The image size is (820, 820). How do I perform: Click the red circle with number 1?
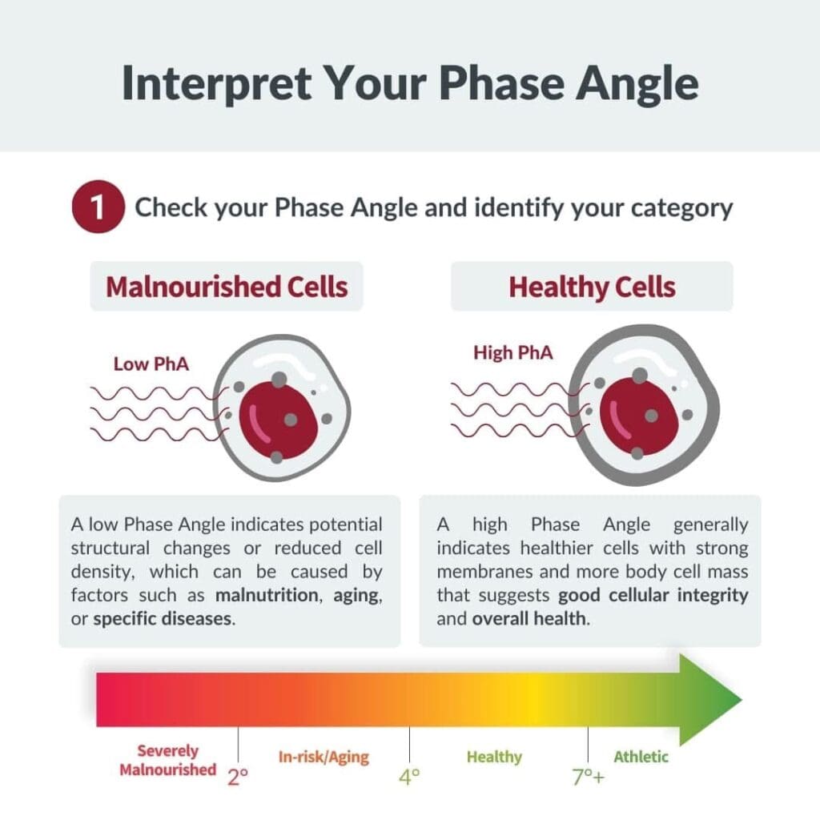point(98,207)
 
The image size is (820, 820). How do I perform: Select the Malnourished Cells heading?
point(227,287)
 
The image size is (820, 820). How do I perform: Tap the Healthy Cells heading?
point(592,287)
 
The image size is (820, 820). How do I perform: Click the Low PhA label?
point(151,364)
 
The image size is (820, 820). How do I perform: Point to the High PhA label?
point(513,352)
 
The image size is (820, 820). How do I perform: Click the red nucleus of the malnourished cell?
point(278,420)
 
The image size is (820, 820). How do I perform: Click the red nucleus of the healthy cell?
point(638,416)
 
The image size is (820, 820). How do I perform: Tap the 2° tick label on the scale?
point(238,777)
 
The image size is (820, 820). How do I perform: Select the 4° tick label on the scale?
point(409,777)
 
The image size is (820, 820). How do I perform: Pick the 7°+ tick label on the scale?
point(589,778)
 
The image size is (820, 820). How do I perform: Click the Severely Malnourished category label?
point(168,761)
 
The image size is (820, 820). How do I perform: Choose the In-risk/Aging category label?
point(324,758)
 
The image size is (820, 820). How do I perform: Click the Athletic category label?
point(641,757)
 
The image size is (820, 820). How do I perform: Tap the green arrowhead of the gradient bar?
point(709,700)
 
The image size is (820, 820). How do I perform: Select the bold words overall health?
point(531,619)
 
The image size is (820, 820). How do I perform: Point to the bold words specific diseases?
point(164,619)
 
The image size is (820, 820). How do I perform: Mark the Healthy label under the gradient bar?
point(494,758)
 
